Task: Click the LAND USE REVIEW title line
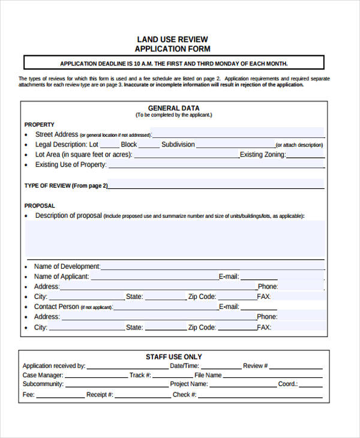point(173,39)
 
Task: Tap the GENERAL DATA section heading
point(173,108)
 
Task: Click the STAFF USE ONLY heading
point(174,356)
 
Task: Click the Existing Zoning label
point(262,155)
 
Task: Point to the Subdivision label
point(178,145)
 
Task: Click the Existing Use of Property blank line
point(216,165)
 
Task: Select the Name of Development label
point(67,266)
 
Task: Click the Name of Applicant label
point(62,277)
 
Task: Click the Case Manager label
point(42,375)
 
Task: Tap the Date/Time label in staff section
point(184,365)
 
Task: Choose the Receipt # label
point(100,394)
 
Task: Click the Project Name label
point(189,384)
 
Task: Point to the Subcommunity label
point(43,384)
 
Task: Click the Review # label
point(256,365)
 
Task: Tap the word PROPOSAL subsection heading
point(40,205)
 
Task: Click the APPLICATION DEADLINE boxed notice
point(173,63)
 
